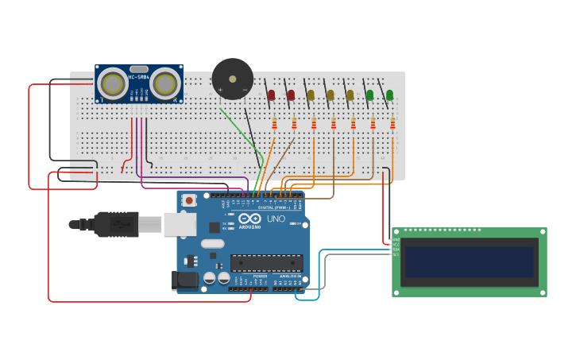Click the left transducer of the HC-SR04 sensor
114,83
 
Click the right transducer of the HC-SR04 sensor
164,83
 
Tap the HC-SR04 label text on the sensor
139,77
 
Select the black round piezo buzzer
232,79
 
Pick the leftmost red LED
271,95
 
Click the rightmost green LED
389,95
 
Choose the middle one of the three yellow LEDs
331,95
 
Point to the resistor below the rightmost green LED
392,123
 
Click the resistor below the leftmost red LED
274,123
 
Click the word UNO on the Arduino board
276,219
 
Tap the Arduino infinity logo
249,219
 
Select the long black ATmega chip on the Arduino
266,262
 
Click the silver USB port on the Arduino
180,224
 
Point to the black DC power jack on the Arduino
184,280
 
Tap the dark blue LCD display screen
469,261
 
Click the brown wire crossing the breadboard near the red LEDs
282,155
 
